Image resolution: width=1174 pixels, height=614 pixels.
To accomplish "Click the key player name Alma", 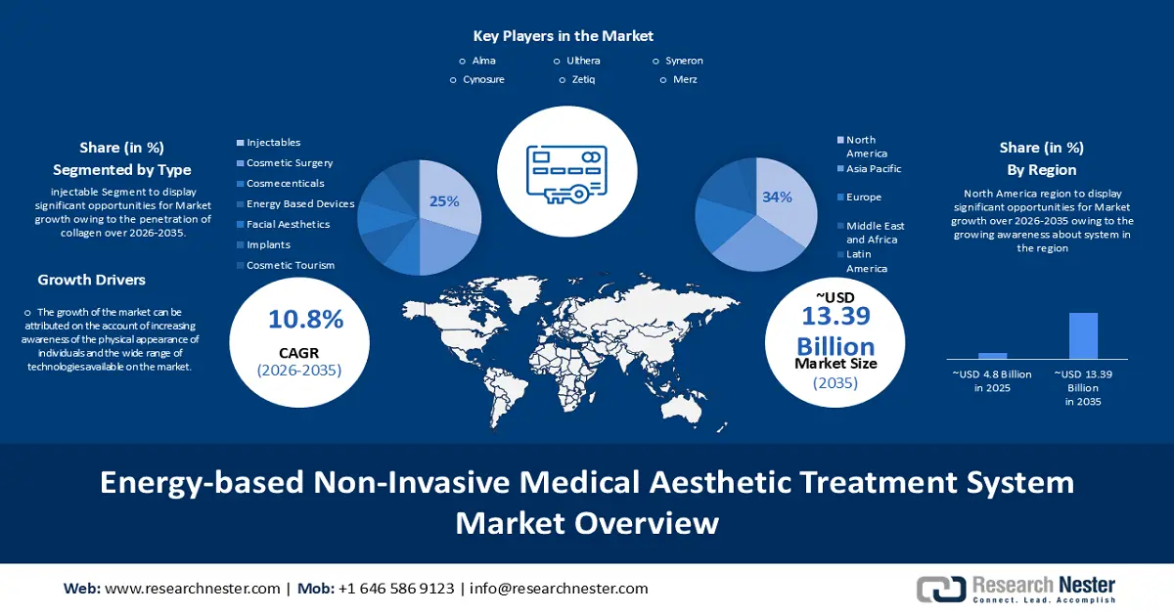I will (483, 61).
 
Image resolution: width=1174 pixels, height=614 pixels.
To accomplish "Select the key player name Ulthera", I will (583, 61).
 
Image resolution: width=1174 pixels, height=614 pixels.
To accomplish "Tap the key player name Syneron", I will (684, 61).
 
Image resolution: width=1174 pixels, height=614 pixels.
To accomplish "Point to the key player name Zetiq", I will (583, 79).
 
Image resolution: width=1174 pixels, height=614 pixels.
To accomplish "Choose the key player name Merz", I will (685, 79).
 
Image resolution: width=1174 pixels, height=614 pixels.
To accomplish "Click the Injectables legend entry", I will (273, 143).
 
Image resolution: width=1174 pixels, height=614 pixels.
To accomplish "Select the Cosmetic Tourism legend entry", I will (290, 265).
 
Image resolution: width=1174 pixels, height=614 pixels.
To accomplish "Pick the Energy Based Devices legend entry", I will (299, 204).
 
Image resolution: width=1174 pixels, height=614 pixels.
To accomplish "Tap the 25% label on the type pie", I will (444, 201).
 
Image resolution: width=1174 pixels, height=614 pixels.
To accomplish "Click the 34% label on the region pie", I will (777, 197).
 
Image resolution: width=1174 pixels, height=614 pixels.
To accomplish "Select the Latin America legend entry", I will (866, 261).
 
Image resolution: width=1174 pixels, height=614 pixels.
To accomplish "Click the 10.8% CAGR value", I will (305, 319).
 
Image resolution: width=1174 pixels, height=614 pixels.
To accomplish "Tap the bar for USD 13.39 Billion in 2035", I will (1083, 335).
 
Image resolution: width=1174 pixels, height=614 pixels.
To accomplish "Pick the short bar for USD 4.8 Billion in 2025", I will (992, 356).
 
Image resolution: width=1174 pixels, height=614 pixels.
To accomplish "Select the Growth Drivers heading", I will (92, 281).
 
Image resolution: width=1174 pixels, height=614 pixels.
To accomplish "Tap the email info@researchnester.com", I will (559, 589).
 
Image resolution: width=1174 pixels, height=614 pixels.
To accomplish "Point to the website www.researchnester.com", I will (192, 589).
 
